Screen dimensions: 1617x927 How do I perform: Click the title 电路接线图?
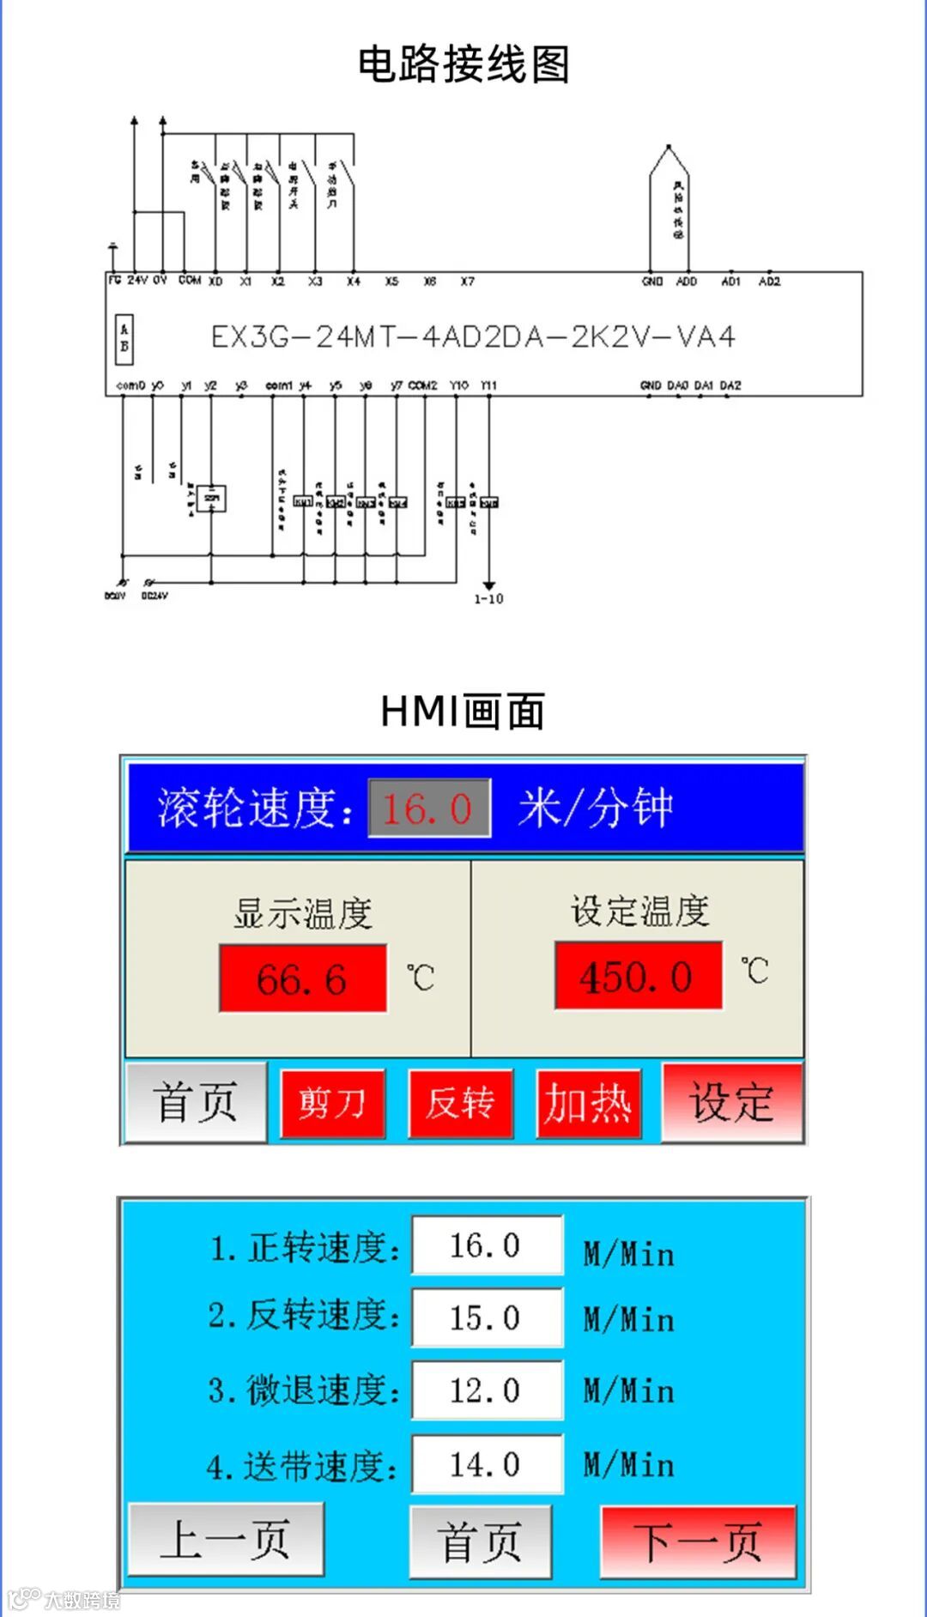click(x=463, y=65)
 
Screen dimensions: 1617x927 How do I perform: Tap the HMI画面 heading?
click(x=463, y=712)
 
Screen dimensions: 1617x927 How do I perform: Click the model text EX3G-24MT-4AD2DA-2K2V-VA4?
click(x=473, y=336)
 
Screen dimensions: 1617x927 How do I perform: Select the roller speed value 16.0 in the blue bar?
click(x=429, y=808)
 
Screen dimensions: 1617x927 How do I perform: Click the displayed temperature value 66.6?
click(x=302, y=978)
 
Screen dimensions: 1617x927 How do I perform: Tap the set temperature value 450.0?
click(x=638, y=976)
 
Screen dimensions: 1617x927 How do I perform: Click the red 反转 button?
click(x=460, y=1104)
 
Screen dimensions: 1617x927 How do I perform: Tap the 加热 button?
click(x=589, y=1104)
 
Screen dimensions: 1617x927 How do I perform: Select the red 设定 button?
click(x=732, y=1103)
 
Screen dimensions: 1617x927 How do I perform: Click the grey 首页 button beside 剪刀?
click(x=196, y=1103)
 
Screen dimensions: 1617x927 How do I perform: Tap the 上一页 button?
click(x=226, y=1540)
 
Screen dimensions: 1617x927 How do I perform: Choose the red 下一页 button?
click(x=698, y=1541)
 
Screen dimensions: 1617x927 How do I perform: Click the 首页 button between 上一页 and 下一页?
click(x=480, y=1541)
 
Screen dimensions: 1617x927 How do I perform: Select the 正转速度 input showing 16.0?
click(x=487, y=1245)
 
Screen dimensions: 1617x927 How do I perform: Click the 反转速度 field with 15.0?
click(x=487, y=1317)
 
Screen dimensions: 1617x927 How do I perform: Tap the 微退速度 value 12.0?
click(x=487, y=1390)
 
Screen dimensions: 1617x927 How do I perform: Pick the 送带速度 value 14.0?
click(x=487, y=1464)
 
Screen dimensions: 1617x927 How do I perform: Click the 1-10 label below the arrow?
click(x=488, y=599)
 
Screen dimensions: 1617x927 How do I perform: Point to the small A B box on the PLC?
click(x=124, y=338)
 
